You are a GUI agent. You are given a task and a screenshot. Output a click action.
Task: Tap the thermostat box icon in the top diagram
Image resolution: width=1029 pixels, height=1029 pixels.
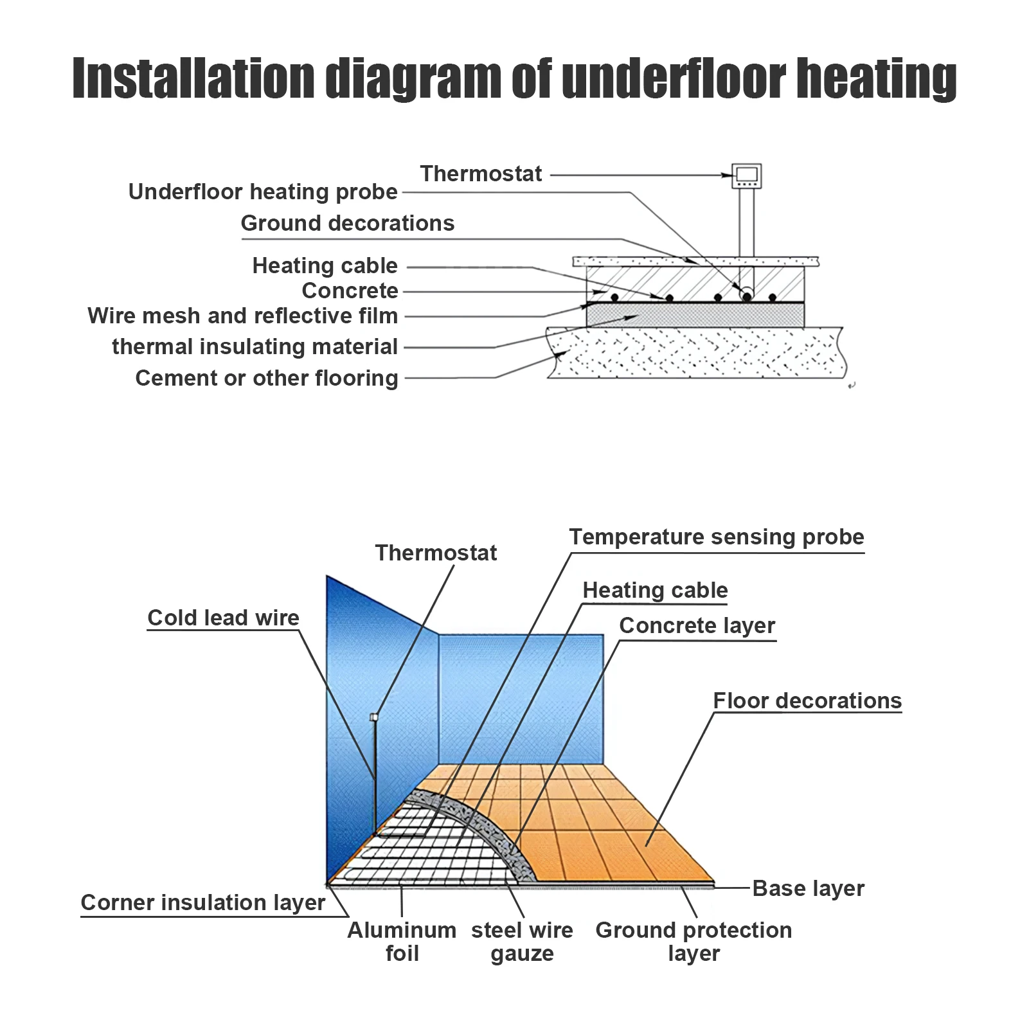[747, 175]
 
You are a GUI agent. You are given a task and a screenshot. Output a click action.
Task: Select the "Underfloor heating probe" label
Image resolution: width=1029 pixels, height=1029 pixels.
[263, 192]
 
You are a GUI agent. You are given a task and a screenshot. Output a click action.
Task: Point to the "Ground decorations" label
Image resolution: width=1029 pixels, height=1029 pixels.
[347, 223]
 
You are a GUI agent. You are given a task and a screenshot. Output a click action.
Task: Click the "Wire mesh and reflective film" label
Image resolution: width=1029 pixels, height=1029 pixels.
[242, 316]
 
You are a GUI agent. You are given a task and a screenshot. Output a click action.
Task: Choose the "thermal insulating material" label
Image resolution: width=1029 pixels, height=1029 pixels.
[255, 346]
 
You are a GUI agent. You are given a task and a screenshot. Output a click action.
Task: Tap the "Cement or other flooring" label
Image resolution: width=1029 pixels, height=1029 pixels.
[266, 378]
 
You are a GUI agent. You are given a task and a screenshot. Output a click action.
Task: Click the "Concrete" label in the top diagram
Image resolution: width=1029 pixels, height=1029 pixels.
[350, 291]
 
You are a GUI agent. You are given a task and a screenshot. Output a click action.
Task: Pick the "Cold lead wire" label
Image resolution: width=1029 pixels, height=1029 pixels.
[223, 618]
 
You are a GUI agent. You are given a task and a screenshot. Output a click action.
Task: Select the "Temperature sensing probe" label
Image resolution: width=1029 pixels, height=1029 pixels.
[717, 537]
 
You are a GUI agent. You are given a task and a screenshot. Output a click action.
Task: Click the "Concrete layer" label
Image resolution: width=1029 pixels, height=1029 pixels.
[697, 625]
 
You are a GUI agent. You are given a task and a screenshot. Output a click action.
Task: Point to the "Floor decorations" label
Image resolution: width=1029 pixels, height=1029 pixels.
[807, 701]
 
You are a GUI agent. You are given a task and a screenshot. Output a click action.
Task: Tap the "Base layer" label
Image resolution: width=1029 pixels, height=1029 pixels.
[808, 888]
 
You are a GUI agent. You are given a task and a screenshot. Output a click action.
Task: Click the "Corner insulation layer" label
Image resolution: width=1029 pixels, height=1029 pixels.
[202, 902]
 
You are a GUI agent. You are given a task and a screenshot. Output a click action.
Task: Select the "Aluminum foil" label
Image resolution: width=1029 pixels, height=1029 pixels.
[402, 942]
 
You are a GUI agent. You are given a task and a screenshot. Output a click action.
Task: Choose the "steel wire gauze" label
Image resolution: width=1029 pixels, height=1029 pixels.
[522, 942]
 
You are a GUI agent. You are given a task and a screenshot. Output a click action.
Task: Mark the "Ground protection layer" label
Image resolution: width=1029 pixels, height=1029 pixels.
[693, 942]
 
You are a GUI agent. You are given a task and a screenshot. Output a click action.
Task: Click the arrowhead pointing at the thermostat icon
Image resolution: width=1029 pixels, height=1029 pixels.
[728, 175]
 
